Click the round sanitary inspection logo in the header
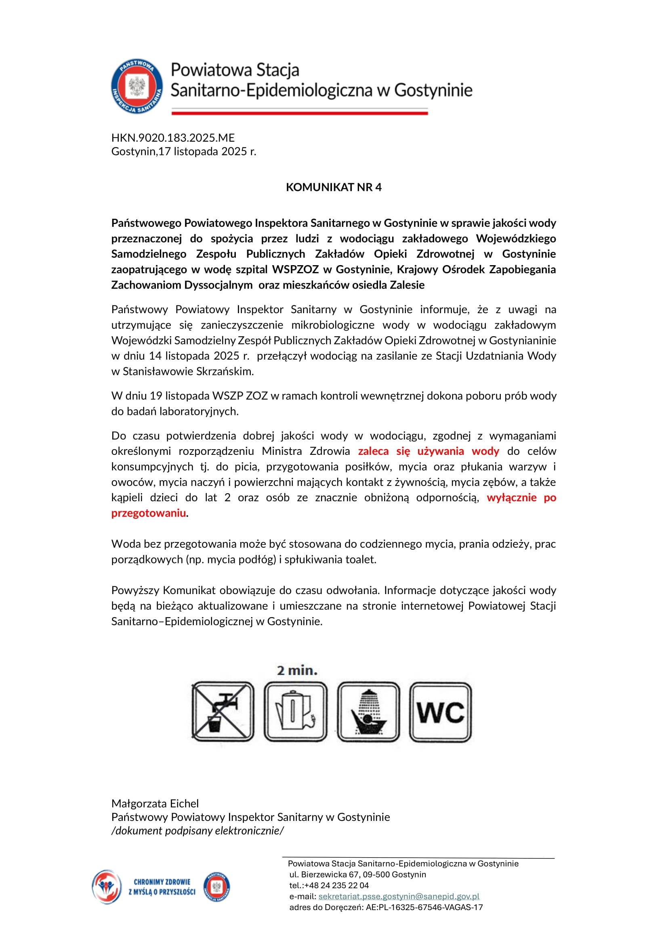[137, 86]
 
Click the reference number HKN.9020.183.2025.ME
[173, 138]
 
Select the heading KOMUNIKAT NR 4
[334, 187]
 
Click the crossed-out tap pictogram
[223, 711]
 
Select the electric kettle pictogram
[295, 711]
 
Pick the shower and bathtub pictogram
[369, 711]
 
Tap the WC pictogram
[440, 711]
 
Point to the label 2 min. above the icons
[297, 671]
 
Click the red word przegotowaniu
[149, 513]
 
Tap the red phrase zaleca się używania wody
[428, 451]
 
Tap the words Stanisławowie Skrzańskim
[188, 371]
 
